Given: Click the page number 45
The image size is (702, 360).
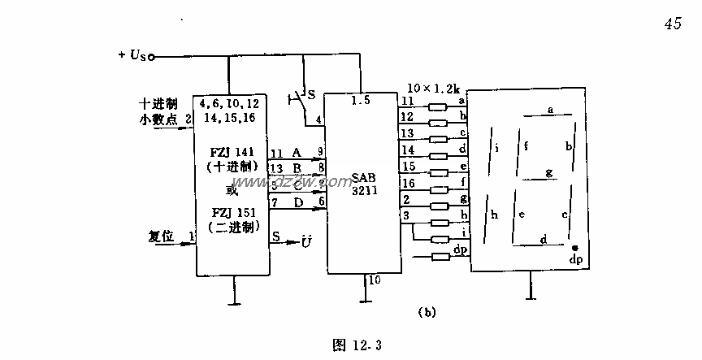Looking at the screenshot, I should tap(673, 24).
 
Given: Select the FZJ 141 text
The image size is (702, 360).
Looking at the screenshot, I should tap(231, 152).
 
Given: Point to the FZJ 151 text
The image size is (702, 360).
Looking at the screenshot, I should tap(231, 214).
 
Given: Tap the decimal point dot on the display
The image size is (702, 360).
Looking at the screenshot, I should tap(574, 247).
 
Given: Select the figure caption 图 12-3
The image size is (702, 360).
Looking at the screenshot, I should tap(357, 345).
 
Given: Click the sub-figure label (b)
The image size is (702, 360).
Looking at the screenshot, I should tap(427, 311).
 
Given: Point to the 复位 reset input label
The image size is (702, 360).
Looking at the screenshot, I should tap(162, 236).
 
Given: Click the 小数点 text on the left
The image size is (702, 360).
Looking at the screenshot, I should tap(158, 119).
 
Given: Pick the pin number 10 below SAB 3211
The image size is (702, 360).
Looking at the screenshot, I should tap(375, 280).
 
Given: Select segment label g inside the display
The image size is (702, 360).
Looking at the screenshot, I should tap(548, 171).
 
